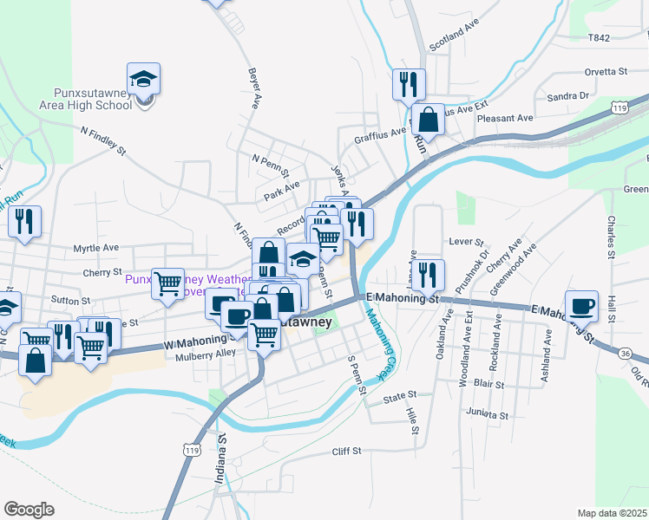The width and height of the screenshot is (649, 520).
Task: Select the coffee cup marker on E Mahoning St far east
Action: pos(581,306)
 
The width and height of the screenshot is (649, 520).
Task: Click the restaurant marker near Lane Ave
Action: pos(428,275)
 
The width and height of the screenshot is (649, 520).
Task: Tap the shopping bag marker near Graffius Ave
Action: pos(429,119)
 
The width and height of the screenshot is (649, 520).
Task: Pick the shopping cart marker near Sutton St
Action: pos(167,283)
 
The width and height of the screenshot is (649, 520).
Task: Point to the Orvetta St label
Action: pos(606,70)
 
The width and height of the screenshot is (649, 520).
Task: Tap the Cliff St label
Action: pos(346,452)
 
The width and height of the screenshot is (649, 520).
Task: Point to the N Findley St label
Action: pos(103,140)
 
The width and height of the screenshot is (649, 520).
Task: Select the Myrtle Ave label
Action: pos(95,247)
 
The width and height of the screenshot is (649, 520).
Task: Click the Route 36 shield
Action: pos(626,353)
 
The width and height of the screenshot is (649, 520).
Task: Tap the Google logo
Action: pos(29,510)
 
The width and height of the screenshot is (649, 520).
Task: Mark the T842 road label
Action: pos(600,38)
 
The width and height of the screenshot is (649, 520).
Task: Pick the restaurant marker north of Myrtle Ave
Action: pos(24,221)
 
